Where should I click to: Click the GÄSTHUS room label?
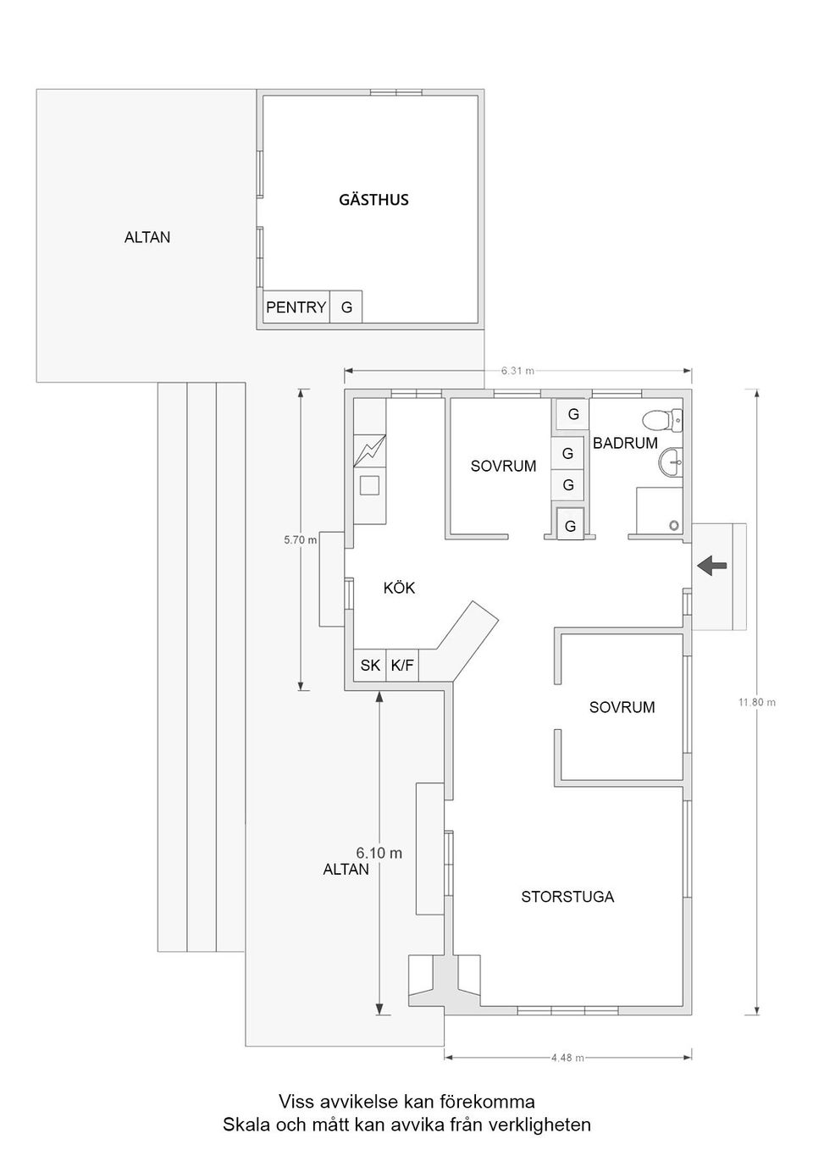click(x=373, y=199)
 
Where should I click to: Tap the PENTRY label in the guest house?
click(x=296, y=307)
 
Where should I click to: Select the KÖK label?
click(x=399, y=588)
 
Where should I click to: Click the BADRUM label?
click(x=625, y=443)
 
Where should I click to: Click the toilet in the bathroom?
click(x=662, y=419)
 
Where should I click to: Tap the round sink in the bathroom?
click(x=671, y=462)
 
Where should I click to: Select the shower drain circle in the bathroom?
click(x=674, y=525)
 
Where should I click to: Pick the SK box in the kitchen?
click(x=370, y=666)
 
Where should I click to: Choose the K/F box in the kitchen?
click(x=402, y=666)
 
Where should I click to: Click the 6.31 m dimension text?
click(x=518, y=371)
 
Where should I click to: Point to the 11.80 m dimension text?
click(x=757, y=702)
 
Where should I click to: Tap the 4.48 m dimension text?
click(x=567, y=1058)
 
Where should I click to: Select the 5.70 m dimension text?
click(x=301, y=539)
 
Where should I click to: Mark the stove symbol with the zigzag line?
click(x=369, y=451)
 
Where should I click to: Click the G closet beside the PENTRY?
click(x=346, y=307)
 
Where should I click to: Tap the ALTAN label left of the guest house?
click(x=147, y=237)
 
